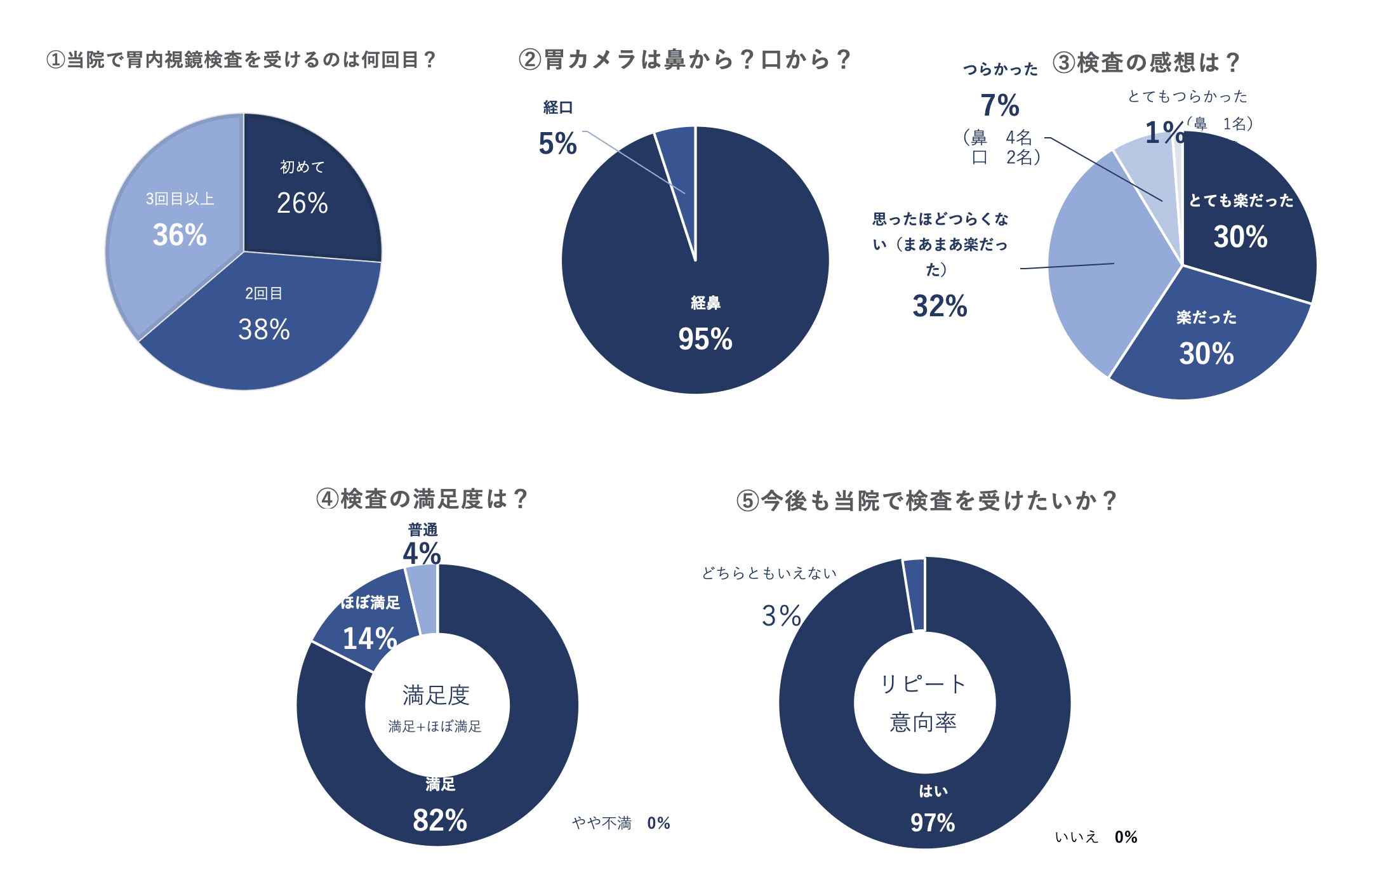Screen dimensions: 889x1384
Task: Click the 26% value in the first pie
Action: [302, 203]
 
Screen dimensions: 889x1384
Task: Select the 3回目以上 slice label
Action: [180, 199]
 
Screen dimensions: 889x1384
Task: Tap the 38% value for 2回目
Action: [264, 330]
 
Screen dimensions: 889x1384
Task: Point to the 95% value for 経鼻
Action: [705, 339]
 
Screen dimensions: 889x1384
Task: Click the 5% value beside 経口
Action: [557, 144]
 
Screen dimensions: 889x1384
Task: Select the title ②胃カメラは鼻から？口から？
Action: [684, 60]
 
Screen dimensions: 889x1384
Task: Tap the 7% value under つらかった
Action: [1000, 105]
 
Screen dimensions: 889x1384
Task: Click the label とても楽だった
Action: [1241, 201]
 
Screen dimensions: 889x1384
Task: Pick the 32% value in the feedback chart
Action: [940, 306]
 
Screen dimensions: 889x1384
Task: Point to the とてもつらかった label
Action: [1187, 97]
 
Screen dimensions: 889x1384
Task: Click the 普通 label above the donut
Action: [423, 530]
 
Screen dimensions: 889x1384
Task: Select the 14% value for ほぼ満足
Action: [369, 638]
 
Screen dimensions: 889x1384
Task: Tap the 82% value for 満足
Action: [440, 820]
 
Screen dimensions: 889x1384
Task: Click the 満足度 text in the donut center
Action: [436, 695]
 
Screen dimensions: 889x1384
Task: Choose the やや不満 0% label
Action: [621, 824]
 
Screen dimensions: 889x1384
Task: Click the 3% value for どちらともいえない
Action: [782, 616]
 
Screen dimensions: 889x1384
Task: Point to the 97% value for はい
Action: [933, 823]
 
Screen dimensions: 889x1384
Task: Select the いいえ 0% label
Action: [1096, 837]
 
